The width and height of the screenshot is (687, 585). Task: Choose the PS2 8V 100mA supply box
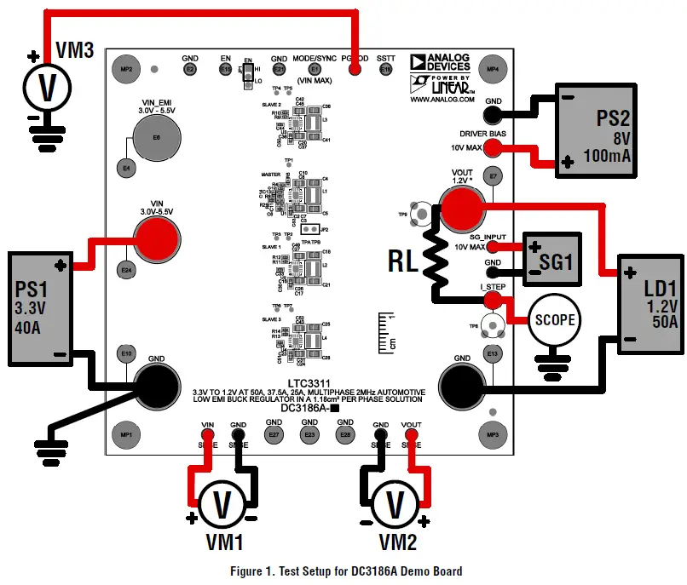(594, 130)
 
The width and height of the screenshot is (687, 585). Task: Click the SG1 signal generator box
(551, 260)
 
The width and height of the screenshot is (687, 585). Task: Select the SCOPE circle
(553, 319)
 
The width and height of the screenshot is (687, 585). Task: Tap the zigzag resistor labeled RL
(437, 256)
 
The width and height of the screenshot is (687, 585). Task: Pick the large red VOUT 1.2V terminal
(461, 204)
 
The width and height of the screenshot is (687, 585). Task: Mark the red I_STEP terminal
(492, 300)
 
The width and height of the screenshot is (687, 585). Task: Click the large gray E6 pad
(156, 137)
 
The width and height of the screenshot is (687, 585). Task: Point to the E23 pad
(309, 435)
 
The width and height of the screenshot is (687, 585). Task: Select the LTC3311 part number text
(308, 380)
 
